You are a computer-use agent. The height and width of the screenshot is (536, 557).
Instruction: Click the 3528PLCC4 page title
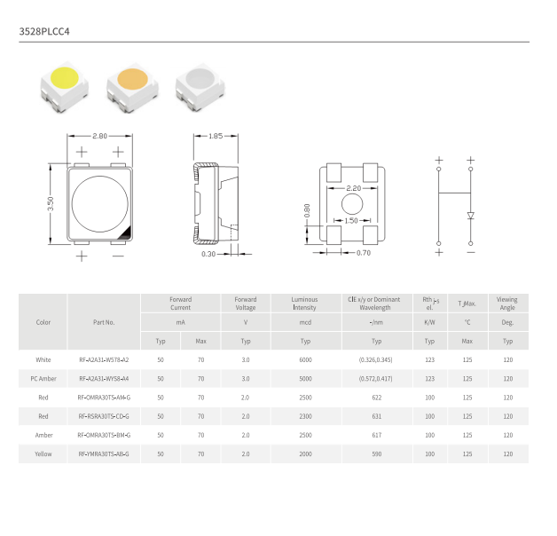[44, 32]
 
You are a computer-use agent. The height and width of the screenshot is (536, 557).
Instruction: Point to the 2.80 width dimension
[99, 136]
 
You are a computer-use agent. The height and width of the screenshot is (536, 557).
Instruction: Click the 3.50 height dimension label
[51, 204]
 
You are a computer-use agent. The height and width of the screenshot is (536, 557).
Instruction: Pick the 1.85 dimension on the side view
[216, 136]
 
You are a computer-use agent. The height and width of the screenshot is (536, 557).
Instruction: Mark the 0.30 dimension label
[208, 254]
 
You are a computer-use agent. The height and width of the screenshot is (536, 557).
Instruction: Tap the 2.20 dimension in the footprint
[354, 188]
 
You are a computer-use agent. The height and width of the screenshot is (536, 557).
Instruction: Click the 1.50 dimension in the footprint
[351, 221]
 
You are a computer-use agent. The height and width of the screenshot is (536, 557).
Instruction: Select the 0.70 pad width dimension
[364, 253]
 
